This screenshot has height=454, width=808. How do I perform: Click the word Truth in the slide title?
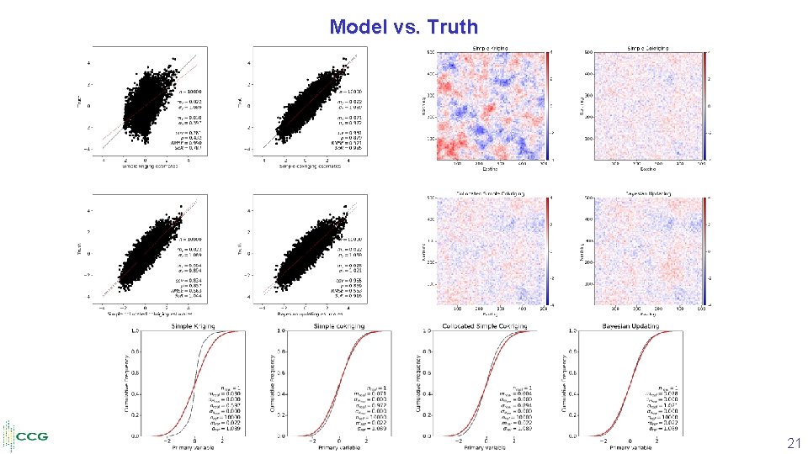pyautogui.click(x=452, y=26)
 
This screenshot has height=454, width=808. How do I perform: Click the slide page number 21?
pyautogui.click(x=794, y=443)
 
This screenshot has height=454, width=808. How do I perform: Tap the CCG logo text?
pyautogui.click(x=32, y=436)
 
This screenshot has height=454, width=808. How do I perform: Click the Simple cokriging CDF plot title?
pyautogui.click(x=338, y=326)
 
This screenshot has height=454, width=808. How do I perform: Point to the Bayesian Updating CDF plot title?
pyautogui.click(x=630, y=326)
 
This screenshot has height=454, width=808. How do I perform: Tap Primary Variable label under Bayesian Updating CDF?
pyautogui.click(x=630, y=449)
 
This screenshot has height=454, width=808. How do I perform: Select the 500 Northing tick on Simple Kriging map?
pyautogui.click(x=428, y=53)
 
